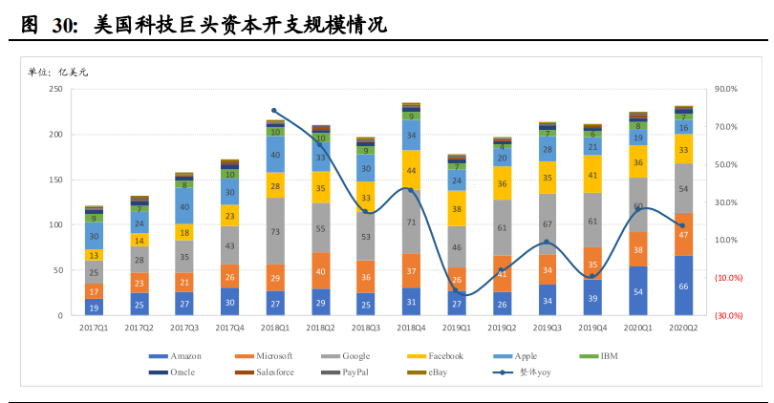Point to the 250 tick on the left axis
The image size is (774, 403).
[x=54, y=89]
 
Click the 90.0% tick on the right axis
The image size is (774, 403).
[x=726, y=89]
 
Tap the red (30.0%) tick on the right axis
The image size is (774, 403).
[x=728, y=315]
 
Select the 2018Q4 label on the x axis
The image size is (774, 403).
[x=411, y=328]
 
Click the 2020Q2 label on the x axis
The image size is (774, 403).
[x=683, y=328]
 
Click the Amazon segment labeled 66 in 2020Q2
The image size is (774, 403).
[x=683, y=286]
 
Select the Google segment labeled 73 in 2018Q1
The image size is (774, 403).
[x=275, y=231]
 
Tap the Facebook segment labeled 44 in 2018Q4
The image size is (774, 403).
[x=411, y=171]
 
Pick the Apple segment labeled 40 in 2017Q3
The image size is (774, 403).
[x=184, y=206]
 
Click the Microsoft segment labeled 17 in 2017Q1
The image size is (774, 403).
[x=94, y=291]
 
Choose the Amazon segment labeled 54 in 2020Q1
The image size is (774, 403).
[x=638, y=291]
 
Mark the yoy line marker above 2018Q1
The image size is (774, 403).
[x=274, y=111]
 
